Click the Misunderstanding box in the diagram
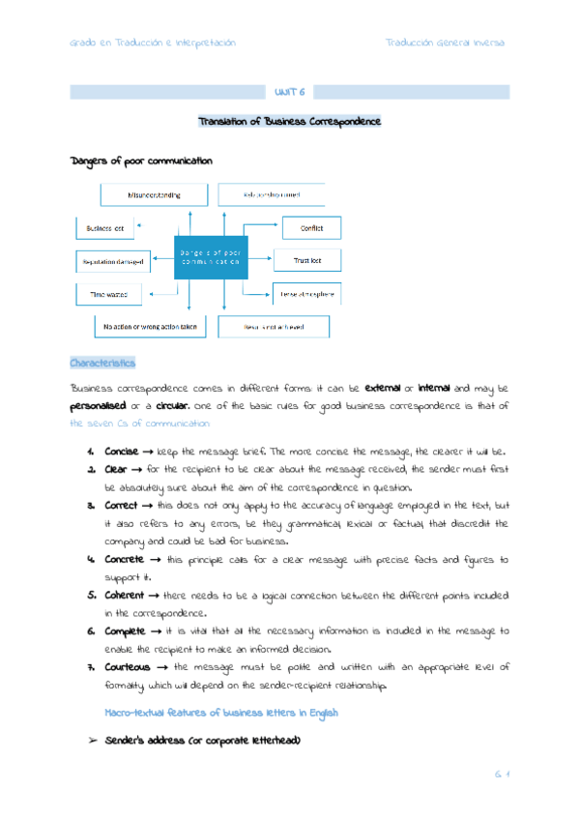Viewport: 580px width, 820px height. pyautogui.click(x=155, y=194)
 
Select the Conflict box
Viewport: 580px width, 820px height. pyautogui.click(x=311, y=228)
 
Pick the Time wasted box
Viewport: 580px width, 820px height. pyautogui.click(x=110, y=293)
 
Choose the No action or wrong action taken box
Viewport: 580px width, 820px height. pyautogui.click(x=149, y=327)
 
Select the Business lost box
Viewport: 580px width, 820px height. pyautogui.click(x=105, y=228)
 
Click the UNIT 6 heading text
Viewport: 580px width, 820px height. pyautogui.click(x=289, y=93)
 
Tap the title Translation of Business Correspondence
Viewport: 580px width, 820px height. pyautogui.click(x=289, y=122)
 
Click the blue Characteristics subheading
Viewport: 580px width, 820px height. pyautogui.click(x=102, y=364)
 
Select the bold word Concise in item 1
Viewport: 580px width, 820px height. pyautogui.click(x=121, y=452)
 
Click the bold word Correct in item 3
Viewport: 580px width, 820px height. pyautogui.click(x=121, y=506)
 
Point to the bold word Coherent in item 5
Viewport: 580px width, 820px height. pyautogui.click(x=126, y=595)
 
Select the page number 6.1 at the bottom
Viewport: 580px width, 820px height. pyautogui.click(x=500, y=774)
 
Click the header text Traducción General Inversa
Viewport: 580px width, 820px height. pyautogui.click(x=445, y=43)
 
